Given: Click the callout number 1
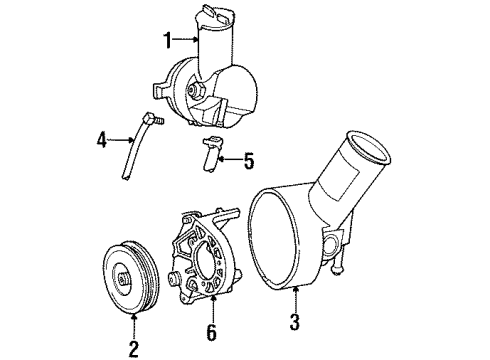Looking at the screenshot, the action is (x=169, y=40).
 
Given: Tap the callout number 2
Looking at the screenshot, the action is (x=133, y=348).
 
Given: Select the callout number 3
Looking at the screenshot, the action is (x=295, y=321).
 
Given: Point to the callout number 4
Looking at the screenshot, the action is (x=101, y=140).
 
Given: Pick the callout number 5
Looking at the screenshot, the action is (x=249, y=161).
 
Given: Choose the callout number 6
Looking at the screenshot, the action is (x=212, y=332).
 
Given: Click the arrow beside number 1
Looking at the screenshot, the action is (x=186, y=40).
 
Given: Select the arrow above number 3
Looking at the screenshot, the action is (x=295, y=299).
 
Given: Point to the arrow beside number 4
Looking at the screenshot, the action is (x=121, y=140).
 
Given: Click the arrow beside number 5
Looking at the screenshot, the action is (x=230, y=160).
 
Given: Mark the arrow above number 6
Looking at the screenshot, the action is (x=212, y=310).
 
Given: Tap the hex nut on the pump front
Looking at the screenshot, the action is (x=194, y=90).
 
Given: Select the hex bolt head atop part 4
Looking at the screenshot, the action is (x=148, y=119).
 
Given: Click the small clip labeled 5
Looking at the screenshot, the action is (x=211, y=153).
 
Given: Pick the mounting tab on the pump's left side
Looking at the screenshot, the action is (x=160, y=90).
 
